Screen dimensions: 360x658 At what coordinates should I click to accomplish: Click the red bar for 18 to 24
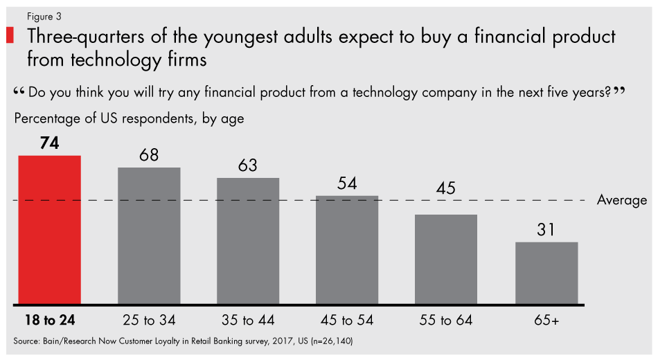pyautogui.click(x=50, y=230)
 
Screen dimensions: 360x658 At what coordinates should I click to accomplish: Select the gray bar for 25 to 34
pyautogui.click(x=149, y=235)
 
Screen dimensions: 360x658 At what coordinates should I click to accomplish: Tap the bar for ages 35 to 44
pyautogui.click(x=248, y=241)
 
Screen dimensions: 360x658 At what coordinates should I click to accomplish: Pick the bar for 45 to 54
pyautogui.click(x=347, y=250)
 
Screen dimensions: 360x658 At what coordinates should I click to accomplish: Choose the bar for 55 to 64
pyautogui.click(x=446, y=260)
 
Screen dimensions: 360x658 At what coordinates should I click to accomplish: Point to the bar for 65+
pyautogui.click(x=546, y=273)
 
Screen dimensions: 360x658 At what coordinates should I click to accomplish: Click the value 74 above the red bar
pyautogui.click(x=50, y=143)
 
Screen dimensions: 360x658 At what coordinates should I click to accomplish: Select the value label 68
pyautogui.click(x=149, y=155)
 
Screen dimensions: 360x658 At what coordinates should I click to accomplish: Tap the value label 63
pyautogui.click(x=248, y=166)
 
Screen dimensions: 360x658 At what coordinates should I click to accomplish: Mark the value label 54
pyautogui.click(x=347, y=184)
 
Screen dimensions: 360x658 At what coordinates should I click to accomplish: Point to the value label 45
pyautogui.click(x=446, y=203)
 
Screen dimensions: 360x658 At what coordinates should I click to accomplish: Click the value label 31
pyautogui.click(x=546, y=230)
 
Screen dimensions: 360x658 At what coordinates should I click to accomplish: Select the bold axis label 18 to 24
pyautogui.click(x=50, y=321)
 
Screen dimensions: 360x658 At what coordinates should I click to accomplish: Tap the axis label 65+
pyautogui.click(x=546, y=321)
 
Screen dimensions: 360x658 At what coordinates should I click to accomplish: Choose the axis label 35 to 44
pyautogui.click(x=248, y=321)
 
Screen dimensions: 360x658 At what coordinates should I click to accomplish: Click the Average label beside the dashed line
pyautogui.click(x=621, y=201)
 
